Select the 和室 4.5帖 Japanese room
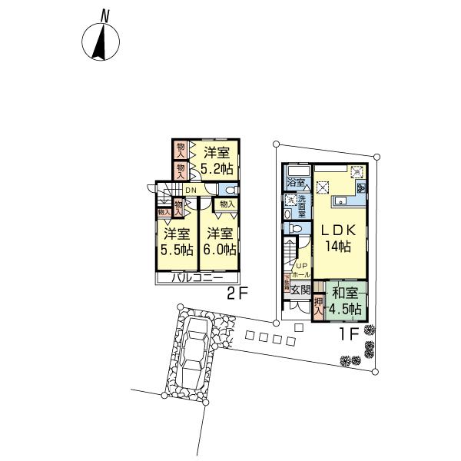(x=342, y=300)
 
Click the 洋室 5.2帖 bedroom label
(x=217, y=160)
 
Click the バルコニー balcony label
(x=197, y=278)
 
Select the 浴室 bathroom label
(x=296, y=184)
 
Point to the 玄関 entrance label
(x=301, y=290)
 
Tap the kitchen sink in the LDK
(x=340, y=202)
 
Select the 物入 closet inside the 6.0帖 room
(x=227, y=204)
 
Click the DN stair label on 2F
(x=191, y=191)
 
